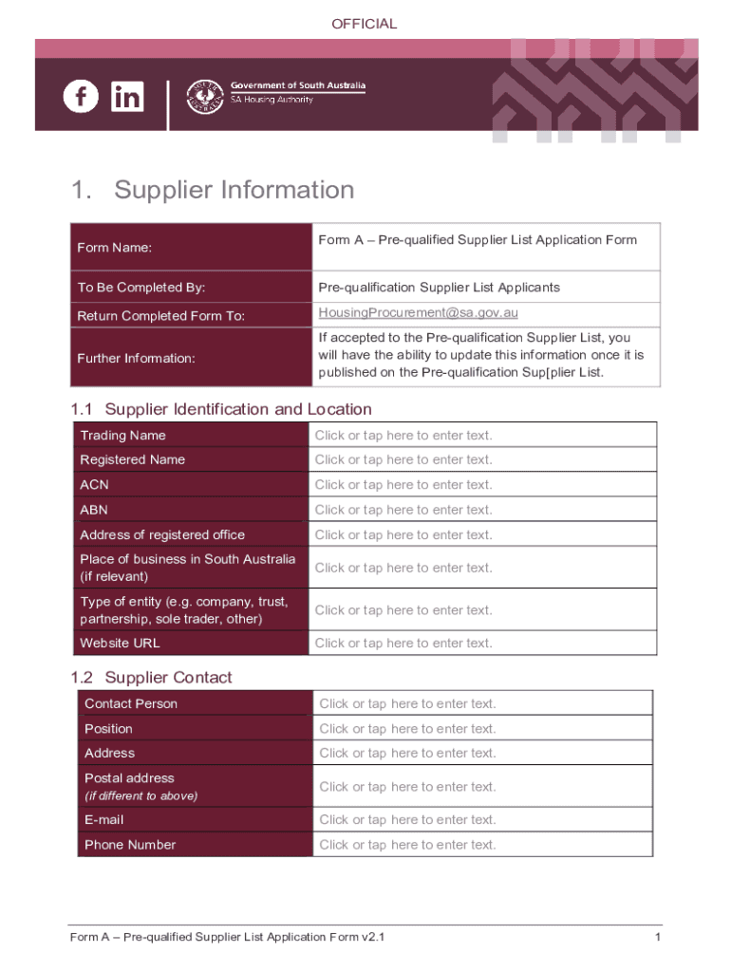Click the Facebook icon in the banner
tap(81, 96)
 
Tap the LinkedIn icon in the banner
tap(127, 96)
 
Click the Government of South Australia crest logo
tap(202, 96)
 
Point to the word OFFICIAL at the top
tap(365, 24)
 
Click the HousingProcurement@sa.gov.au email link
tap(418, 312)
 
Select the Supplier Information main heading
tap(234, 190)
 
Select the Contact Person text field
tap(484, 704)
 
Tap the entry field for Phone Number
tap(484, 845)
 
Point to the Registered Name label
tap(133, 460)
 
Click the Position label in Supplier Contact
tap(108, 729)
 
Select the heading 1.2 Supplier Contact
tap(151, 678)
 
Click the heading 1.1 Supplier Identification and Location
tap(221, 409)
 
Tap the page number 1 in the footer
tap(657, 939)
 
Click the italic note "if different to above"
tap(141, 796)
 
